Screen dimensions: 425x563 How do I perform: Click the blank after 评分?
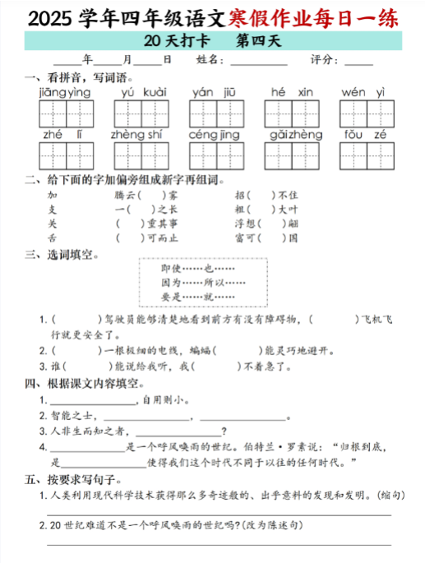pos(359,61)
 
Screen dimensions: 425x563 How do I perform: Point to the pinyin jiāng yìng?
pos(65,92)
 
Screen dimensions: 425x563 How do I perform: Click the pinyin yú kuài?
pos(143,92)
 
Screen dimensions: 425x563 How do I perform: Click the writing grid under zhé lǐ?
pos(65,154)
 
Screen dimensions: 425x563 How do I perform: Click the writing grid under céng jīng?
pos(215,154)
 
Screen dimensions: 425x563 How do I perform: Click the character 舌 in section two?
pos(53,238)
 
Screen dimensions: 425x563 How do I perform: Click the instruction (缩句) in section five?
pos(388,496)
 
